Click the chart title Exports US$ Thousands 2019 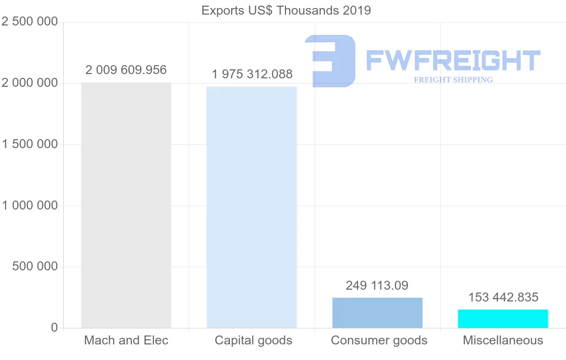pyautogui.click(x=286, y=10)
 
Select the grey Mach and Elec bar pyautogui.click(x=126, y=205)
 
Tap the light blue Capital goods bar pyautogui.click(x=252, y=207)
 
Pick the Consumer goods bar pyautogui.click(x=377, y=313)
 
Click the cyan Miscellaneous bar pyautogui.click(x=503, y=318)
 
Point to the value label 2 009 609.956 pyautogui.click(x=126, y=70)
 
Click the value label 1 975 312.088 pyautogui.click(x=252, y=74)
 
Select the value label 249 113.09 pyautogui.click(x=377, y=285)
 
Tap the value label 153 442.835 pyautogui.click(x=503, y=297)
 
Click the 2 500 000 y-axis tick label pyautogui.click(x=30, y=22)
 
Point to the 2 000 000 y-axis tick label pyautogui.click(x=30, y=83)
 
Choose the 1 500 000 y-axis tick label pyautogui.click(x=30, y=144)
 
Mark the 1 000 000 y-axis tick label pyautogui.click(x=30, y=206)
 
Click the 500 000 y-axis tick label pyautogui.click(x=34, y=267)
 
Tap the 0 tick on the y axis pyautogui.click(x=54, y=327)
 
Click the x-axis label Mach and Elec pyautogui.click(x=126, y=340)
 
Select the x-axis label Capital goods pyautogui.click(x=253, y=340)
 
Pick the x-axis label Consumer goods pyautogui.click(x=379, y=340)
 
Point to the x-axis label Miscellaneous pyautogui.click(x=503, y=340)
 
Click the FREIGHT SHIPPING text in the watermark pyautogui.click(x=453, y=80)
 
